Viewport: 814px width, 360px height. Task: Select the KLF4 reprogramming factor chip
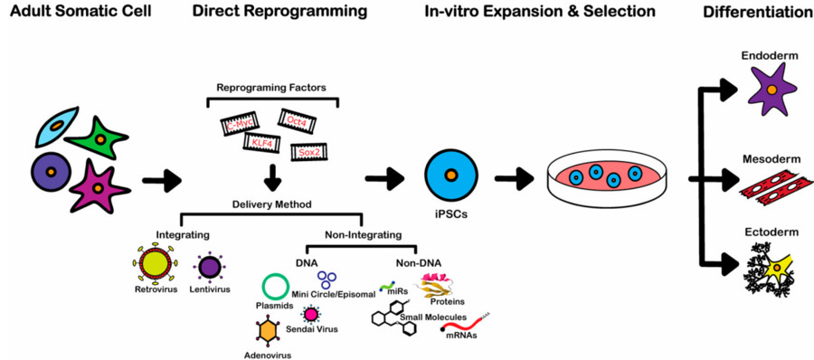point(263,142)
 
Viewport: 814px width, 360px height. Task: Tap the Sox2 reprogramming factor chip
point(308,151)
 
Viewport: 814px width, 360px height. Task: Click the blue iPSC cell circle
point(450,175)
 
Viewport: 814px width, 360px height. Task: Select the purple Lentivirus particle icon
point(211,267)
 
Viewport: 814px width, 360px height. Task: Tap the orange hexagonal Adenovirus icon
point(268,332)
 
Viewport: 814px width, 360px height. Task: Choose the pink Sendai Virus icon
point(312,314)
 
